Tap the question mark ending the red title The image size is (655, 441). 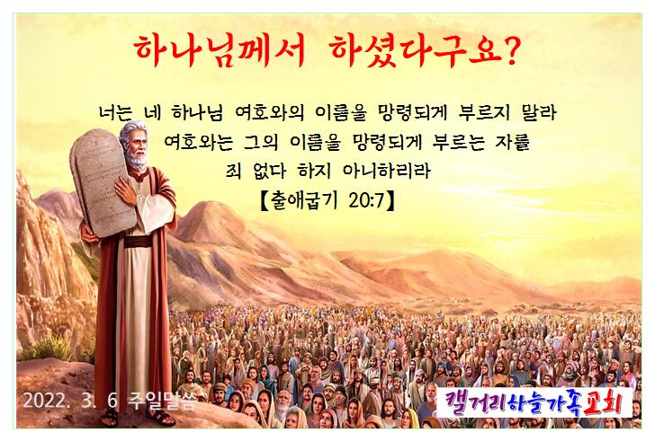[510, 50]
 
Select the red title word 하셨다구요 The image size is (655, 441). [416, 51]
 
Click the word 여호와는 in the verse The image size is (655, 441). [199, 142]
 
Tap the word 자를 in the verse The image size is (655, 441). [513, 142]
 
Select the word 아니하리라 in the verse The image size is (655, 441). [386, 171]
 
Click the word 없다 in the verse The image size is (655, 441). [270, 171]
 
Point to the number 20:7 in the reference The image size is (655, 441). [366, 201]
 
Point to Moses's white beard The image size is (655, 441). [136, 159]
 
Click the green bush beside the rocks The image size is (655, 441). [46, 348]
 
